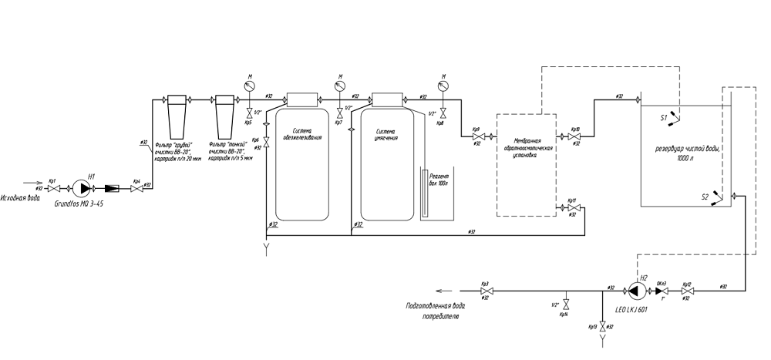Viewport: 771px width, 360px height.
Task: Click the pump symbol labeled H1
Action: coord(82,187)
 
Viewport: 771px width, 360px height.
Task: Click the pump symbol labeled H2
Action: coord(637,291)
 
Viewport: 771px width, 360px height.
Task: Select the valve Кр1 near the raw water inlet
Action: coord(53,187)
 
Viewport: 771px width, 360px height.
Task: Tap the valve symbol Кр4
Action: coord(136,187)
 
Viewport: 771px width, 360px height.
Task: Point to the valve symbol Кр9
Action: coord(476,136)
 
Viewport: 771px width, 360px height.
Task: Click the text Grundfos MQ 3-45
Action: coord(79,204)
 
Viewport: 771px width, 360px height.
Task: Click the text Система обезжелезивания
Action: coord(301,134)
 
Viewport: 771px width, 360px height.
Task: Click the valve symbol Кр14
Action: coord(565,302)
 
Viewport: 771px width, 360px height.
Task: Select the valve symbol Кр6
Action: coord(266,142)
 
